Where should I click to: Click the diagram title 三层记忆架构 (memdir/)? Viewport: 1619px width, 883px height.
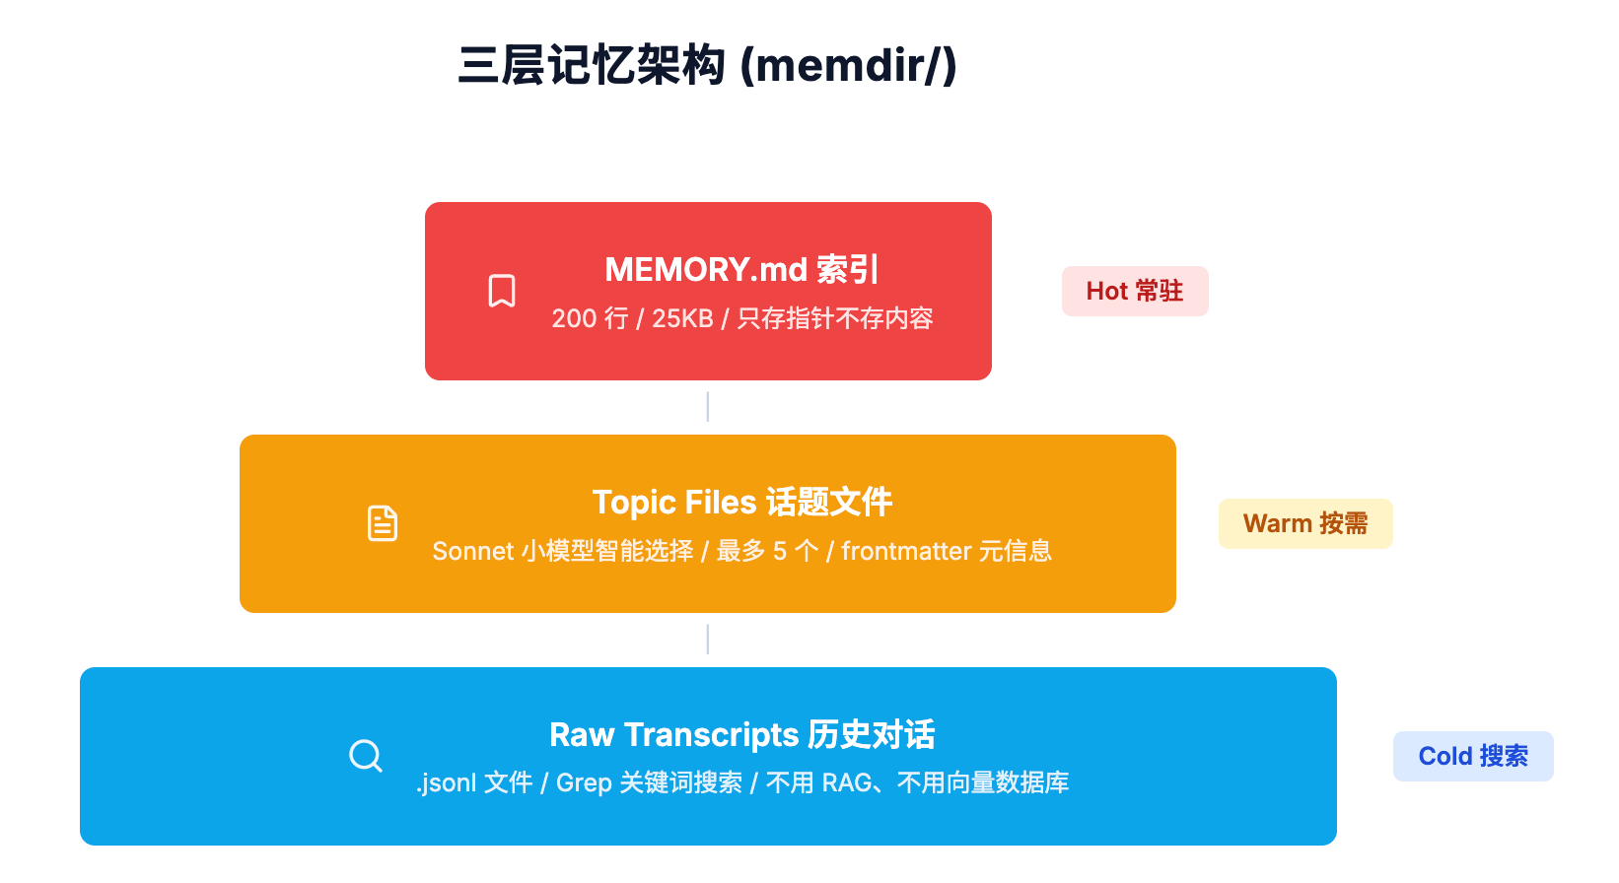(707, 66)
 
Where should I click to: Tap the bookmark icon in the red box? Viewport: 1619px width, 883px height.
(502, 291)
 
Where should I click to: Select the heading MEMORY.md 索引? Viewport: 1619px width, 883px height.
(741, 269)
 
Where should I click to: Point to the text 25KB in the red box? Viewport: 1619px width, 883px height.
(682, 318)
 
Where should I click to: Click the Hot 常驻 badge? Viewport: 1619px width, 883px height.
(1134, 291)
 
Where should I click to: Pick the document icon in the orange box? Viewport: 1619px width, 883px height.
(383, 523)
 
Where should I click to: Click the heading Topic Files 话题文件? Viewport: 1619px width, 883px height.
(741, 502)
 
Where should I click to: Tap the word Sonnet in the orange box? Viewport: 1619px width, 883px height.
(473, 551)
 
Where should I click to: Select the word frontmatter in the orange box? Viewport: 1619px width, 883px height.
(906, 551)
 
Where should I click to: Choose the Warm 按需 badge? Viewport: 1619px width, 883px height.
(1304, 523)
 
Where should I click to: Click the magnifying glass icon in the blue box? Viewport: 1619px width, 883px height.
(366, 756)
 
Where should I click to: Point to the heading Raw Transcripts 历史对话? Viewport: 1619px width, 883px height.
(741, 734)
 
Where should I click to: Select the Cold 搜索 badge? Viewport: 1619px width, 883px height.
(1472, 756)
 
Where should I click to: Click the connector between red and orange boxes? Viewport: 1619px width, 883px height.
(708, 407)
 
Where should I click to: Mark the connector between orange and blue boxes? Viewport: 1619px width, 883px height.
(708, 640)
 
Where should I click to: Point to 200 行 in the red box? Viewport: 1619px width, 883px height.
(590, 318)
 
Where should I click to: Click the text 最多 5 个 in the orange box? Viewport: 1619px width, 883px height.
(767, 551)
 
